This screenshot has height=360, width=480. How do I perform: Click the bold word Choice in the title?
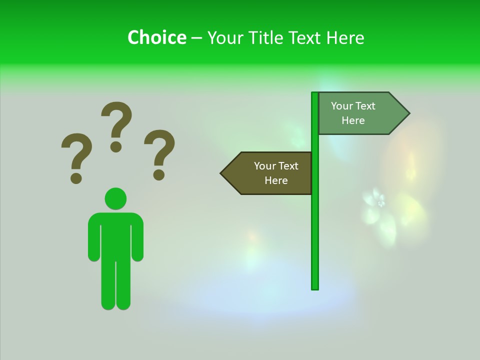(x=156, y=37)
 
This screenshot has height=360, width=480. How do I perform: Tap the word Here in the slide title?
(x=345, y=37)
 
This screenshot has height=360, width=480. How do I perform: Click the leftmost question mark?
(x=76, y=152)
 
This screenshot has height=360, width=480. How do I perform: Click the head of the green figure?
(x=115, y=198)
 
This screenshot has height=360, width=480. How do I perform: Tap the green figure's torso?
(x=115, y=235)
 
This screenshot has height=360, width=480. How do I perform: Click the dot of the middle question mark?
(x=116, y=146)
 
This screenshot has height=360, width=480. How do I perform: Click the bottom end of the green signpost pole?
(x=315, y=287)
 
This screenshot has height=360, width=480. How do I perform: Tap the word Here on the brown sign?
(x=276, y=180)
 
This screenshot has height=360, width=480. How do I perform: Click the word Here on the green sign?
(x=353, y=120)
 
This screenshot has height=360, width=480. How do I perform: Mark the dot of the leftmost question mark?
(x=76, y=178)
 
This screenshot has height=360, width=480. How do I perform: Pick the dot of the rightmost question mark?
(x=159, y=174)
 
